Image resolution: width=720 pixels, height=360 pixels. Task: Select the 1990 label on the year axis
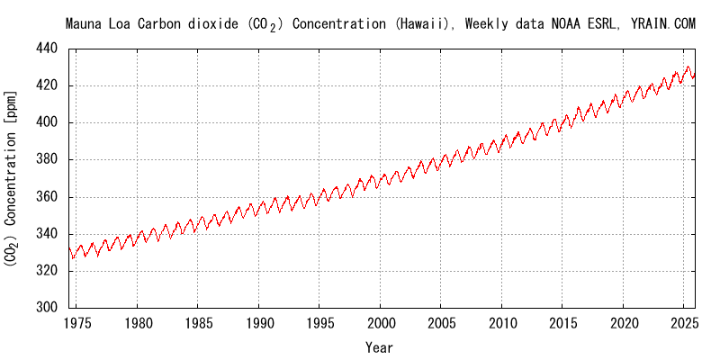click(259, 322)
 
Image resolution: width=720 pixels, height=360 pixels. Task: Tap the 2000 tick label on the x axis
click(381, 322)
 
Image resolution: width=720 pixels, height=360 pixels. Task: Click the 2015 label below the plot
click(563, 322)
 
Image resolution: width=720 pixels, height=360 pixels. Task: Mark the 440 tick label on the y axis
click(49, 49)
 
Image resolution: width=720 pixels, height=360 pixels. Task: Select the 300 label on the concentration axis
click(49, 308)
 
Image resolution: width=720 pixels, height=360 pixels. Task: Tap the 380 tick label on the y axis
click(49, 159)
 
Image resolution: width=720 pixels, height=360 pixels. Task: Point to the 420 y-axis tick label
click(49, 85)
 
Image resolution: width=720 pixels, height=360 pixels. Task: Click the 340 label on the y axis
click(49, 234)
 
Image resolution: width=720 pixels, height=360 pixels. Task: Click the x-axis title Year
click(379, 346)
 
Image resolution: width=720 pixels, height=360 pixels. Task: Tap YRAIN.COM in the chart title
click(664, 24)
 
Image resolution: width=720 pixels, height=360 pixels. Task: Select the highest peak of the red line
click(688, 67)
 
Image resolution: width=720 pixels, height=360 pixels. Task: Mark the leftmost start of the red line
click(68, 248)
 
